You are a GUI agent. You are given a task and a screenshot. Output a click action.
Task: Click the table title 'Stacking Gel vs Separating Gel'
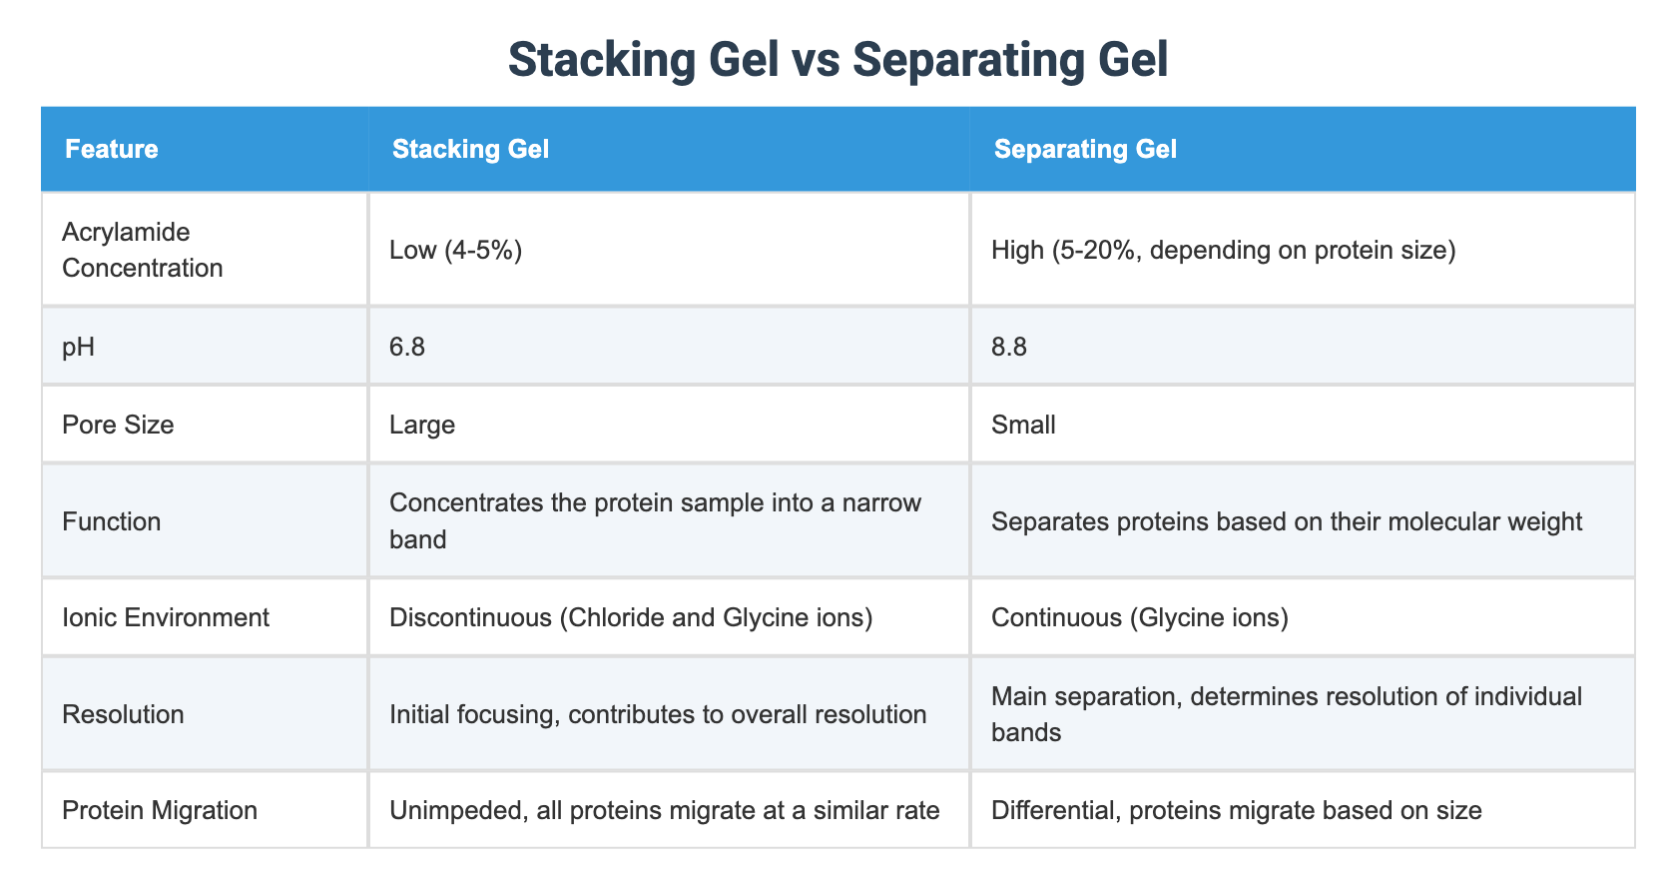[x=838, y=60]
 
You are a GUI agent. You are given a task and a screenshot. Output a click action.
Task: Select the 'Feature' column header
[x=112, y=150]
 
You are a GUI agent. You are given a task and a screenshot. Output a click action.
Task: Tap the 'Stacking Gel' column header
[x=470, y=150]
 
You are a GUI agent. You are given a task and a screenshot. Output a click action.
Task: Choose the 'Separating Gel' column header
[x=1085, y=150]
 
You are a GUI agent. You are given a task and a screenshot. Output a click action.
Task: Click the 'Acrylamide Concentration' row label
[x=143, y=250]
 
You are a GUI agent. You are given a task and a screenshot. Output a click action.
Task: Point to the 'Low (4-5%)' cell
[x=456, y=250]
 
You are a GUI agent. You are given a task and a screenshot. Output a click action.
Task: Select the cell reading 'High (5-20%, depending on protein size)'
[x=1223, y=250]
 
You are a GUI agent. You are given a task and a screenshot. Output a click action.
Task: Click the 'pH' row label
[x=78, y=348]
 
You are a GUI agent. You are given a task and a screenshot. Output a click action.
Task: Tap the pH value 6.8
[x=407, y=348]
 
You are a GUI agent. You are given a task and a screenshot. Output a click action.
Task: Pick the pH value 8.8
[x=1009, y=348]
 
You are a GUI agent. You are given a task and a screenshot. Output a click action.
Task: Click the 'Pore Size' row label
[x=118, y=425]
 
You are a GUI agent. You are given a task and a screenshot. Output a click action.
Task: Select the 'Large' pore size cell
[x=422, y=425]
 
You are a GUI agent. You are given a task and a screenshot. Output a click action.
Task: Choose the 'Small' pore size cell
[x=1023, y=425]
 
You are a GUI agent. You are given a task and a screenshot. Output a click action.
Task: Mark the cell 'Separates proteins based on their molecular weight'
[x=1286, y=521]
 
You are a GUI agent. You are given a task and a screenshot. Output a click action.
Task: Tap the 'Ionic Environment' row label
[x=166, y=617]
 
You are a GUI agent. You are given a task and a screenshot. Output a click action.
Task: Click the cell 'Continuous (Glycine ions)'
[x=1139, y=617]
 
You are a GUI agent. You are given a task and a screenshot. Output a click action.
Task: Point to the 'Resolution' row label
[x=123, y=714]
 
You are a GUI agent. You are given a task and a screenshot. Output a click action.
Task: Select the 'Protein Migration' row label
[x=160, y=810]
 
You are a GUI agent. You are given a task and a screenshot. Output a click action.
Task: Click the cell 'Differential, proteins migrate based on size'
[x=1236, y=810]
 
